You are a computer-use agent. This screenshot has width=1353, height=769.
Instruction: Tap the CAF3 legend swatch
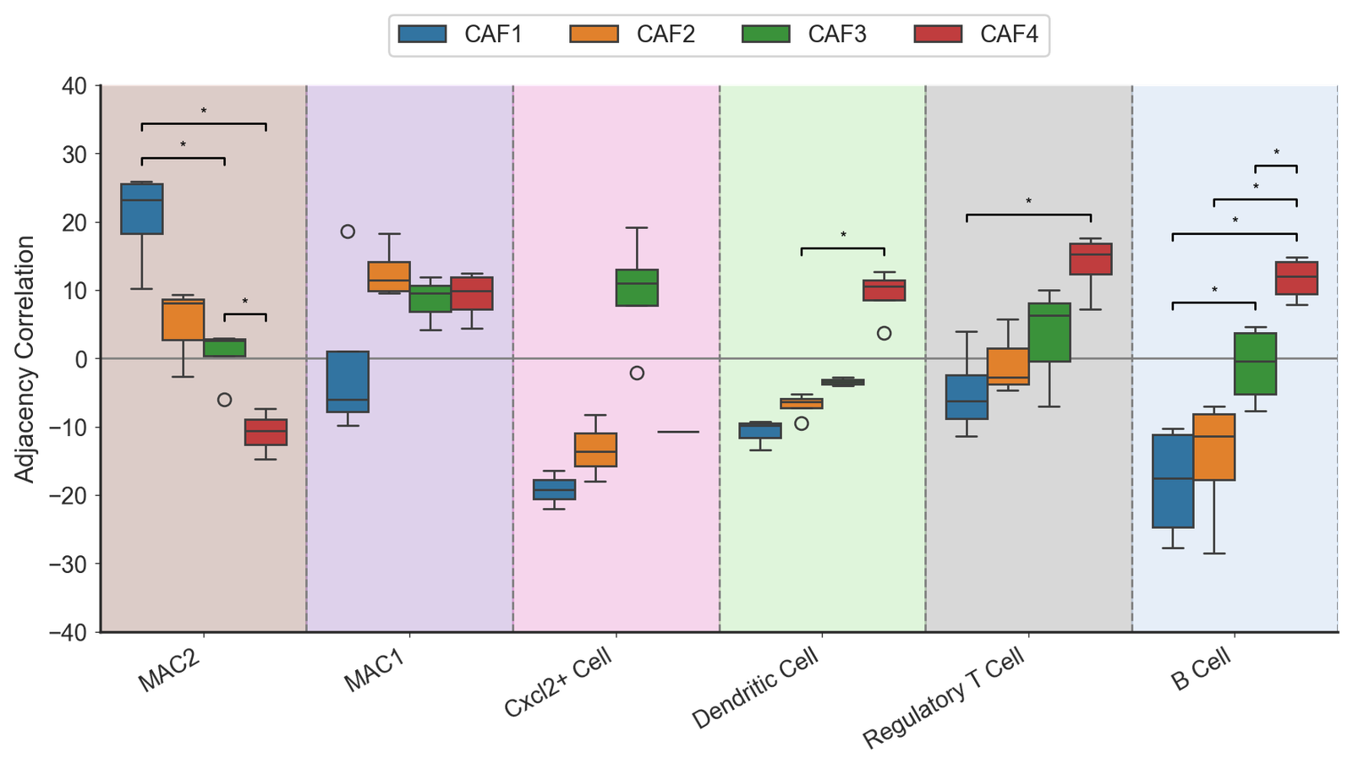click(765, 35)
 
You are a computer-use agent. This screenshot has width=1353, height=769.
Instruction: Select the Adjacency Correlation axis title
click(25, 359)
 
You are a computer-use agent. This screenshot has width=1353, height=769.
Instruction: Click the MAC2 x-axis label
click(170, 670)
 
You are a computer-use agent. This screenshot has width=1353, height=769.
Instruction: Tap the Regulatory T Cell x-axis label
click(944, 698)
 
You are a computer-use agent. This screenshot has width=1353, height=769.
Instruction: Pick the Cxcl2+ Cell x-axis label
click(557, 684)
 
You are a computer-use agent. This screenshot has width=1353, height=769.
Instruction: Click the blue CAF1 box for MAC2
click(142, 209)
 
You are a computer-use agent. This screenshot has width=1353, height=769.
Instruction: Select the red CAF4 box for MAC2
click(266, 432)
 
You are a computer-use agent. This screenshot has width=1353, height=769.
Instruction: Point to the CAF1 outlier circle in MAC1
click(348, 232)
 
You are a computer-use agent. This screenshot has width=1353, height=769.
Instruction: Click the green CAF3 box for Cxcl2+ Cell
click(637, 287)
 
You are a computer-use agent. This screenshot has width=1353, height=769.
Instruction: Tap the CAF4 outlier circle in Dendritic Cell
click(885, 333)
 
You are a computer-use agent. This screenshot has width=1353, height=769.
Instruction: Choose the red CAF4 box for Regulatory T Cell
click(1091, 259)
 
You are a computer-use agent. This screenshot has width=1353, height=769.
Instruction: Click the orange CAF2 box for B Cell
click(1214, 447)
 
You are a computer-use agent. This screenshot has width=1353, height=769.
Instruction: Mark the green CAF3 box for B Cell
click(1255, 363)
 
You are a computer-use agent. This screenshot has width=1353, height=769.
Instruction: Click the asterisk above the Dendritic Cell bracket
click(843, 236)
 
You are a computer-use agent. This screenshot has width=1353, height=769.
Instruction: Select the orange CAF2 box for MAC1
click(389, 276)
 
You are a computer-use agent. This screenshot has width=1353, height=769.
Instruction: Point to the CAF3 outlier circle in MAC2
click(224, 400)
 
